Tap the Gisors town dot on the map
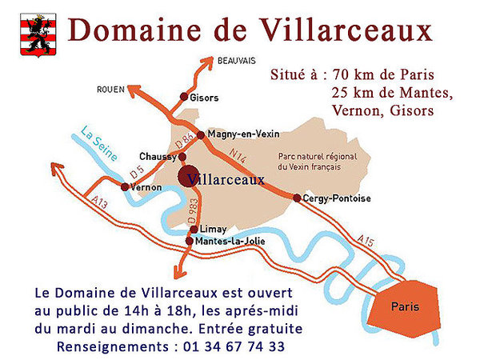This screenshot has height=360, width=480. [x=185, y=98]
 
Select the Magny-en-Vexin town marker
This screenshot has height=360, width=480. [x=201, y=134]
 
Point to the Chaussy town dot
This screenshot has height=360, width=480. [x=182, y=156]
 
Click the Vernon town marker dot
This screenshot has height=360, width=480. [x=124, y=186]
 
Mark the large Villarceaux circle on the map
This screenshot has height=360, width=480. [x=190, y=177]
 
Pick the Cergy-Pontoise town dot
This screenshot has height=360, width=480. [x=297, y=198]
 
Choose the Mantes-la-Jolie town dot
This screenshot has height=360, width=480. [x=189, y=241]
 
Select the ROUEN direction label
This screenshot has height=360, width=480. [x=110, y=89]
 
